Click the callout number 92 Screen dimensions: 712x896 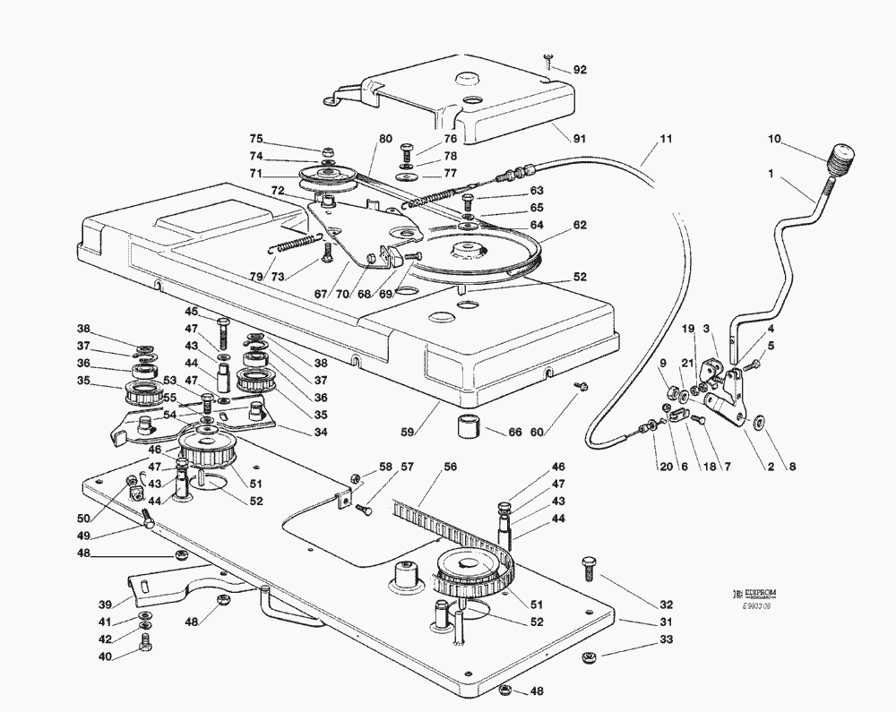[x=580, y=70]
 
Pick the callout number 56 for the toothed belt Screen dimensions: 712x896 [x=450, y=467]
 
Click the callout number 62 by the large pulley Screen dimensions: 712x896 [x=580, y=225]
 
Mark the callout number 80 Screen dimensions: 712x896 [x=385, y=139]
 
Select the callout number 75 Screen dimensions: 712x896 [x=256, y=139]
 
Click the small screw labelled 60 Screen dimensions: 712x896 [x=580, y=386]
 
